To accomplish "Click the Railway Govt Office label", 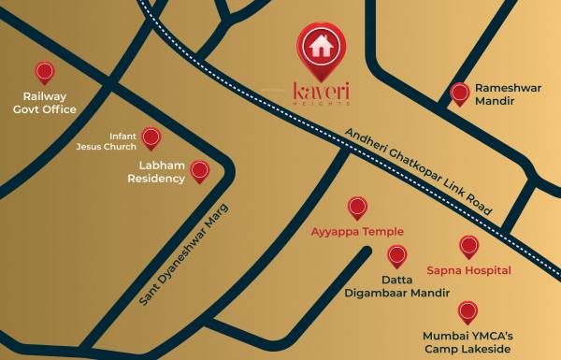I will click(44, 103).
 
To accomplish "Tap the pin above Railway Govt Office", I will click(44, 72).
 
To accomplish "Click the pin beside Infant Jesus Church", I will click(151, 137).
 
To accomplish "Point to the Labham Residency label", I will click(156, 172).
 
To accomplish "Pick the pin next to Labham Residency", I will click(199, 170).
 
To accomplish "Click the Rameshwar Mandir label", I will click(508, 94).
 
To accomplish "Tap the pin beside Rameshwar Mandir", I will click(459, 93).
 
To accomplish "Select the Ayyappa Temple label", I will click(357, 231).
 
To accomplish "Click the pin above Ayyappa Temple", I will click(357, 207).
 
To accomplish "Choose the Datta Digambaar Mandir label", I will click(397, 286).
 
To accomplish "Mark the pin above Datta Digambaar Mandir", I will click(397, 254).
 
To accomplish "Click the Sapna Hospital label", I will click(468, 270).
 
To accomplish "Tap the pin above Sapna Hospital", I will click(468, 246).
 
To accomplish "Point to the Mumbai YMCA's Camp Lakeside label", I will click(467, 341).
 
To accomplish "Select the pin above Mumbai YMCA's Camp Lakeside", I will click(467, 311).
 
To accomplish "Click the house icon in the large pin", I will click(321, 44).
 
